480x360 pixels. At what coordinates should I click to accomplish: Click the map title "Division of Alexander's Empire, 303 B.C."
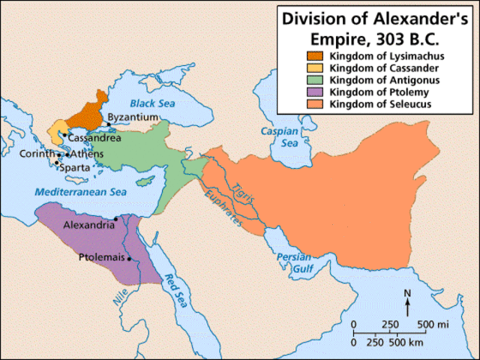(x=378, y=28)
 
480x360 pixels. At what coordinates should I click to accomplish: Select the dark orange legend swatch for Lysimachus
(x=311, y=56)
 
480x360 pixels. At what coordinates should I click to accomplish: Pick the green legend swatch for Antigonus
(x=311, y=80)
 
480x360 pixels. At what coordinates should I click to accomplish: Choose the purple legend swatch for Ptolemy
(x=311, y=92)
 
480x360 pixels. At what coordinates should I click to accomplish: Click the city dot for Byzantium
(x=109, y=124)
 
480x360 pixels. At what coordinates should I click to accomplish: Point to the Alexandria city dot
(x=115, y=219)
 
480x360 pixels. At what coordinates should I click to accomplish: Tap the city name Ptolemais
(x=102, y=257)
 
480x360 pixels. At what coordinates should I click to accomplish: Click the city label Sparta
(x=75, y=168)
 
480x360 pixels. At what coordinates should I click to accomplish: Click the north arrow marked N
(x=407, y=303)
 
